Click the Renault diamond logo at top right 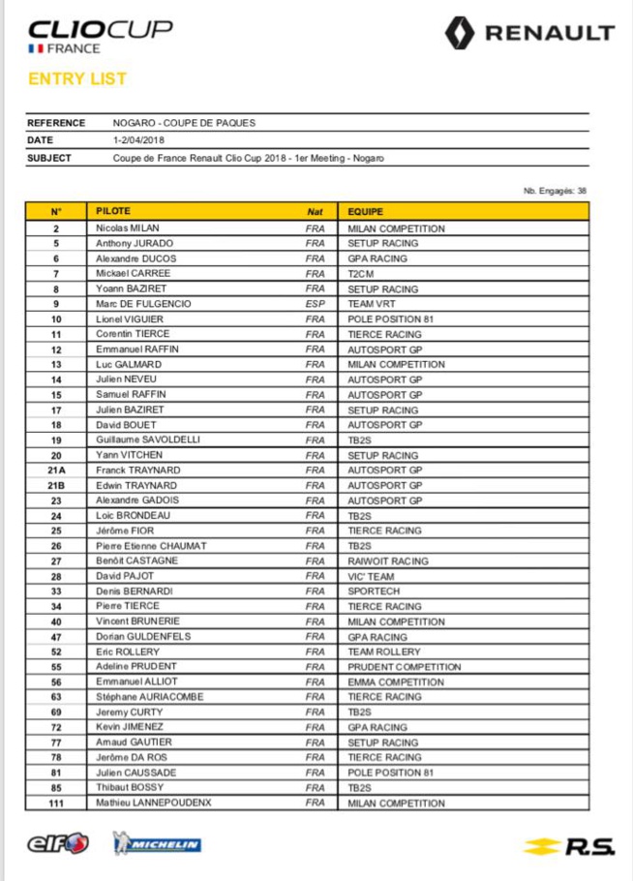(x=460, y=33)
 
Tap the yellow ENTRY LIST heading (x=77, y=78)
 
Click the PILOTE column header (x=113, y=210)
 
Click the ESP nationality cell (x=315, y=304)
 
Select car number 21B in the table (x=56, y=486)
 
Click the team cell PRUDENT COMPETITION (x=404, y=667)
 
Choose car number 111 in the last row (x=56, y=804)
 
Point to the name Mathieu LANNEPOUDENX (x=154, y=803)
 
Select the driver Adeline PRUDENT (x=136, y=667)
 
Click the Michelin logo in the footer (x=157, y=844)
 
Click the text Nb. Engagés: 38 (x=555, y=192)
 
